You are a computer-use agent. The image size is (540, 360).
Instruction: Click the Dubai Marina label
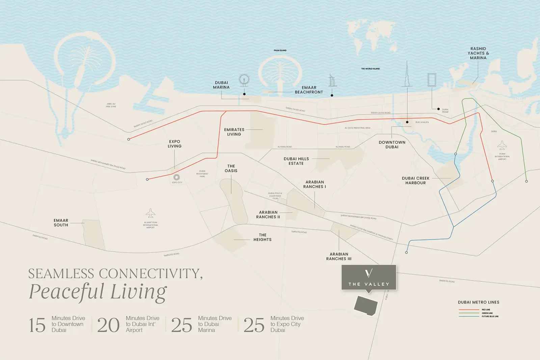click(x=221, y=85)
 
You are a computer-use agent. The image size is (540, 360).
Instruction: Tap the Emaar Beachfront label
click(x=309, y=90)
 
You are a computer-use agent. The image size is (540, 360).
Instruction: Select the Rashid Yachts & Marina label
click(x=478, y=53)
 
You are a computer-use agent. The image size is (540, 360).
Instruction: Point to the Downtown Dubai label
click(x=392, y=145)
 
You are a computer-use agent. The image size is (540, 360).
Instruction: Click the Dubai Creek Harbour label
click(x=415, y=181)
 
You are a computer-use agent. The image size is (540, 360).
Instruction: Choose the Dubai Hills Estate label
click(x=296, y=161)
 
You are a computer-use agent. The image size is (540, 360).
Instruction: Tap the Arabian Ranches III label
click(x=339, y=257)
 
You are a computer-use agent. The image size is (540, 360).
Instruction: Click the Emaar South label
click(x=61, y=223)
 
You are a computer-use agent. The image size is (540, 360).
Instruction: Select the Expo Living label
click(x=174, y=144)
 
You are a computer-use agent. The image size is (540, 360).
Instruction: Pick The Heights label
click(x=263, y=237)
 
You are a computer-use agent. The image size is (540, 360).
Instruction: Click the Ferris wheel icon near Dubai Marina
click(x=244, y=80)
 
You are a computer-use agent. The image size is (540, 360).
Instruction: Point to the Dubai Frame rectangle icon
click(x=432, y=80)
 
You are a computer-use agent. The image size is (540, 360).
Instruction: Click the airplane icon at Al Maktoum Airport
click(x=151, y=213)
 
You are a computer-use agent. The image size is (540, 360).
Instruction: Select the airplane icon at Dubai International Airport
click(x=502, y=146)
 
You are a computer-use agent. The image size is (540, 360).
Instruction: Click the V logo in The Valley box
click(x=369, y=273)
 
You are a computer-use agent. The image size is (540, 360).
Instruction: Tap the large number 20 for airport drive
click(x=108, y=325)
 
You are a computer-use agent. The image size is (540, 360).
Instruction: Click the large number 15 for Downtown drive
click(x=37, y=325)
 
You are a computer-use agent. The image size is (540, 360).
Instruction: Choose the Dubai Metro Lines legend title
click(x=479, y=302)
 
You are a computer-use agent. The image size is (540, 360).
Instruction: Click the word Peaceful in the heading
click(x=66, y=291)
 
